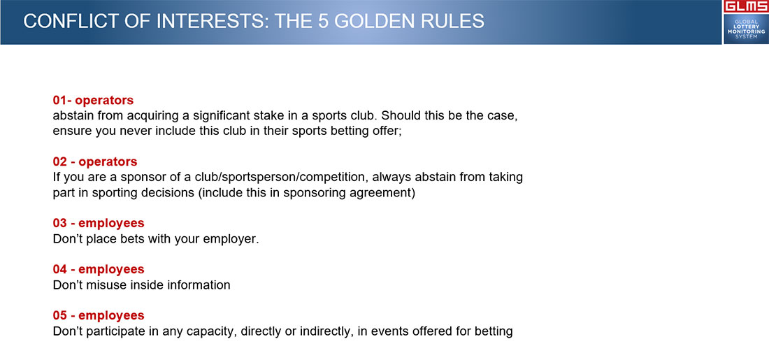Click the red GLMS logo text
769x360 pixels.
745,6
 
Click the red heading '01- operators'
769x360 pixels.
93,100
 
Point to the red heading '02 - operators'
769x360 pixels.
95,161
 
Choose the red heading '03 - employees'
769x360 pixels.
99,223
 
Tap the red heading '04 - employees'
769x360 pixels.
99,269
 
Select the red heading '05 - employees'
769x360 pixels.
99,315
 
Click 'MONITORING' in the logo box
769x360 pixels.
746,31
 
